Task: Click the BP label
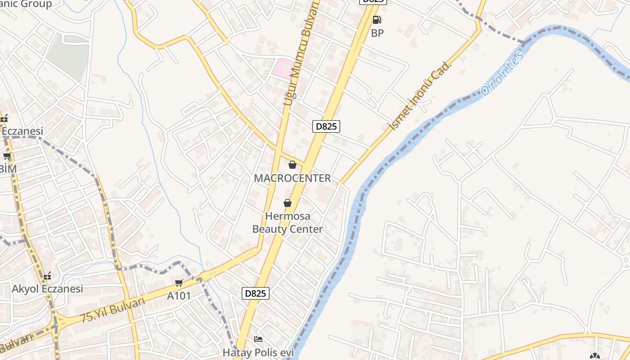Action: [377, 33]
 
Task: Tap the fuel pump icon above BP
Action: [377, 20]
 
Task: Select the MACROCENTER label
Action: [292, 178]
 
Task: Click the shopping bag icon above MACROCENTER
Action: [292, 165]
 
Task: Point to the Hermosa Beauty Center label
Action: [288, 223]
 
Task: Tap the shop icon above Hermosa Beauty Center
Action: [288, 203]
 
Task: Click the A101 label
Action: [179, 296]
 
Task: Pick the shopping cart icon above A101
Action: [179, 283]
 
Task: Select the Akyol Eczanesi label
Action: [47, 289]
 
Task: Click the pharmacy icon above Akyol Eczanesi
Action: [47, 276]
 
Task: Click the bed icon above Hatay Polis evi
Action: [258, 339]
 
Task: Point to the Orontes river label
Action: [502, 73]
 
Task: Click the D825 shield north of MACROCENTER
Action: [326, 126]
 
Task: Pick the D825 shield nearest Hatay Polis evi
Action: [255, 293]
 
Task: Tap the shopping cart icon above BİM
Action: [7, 156]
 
